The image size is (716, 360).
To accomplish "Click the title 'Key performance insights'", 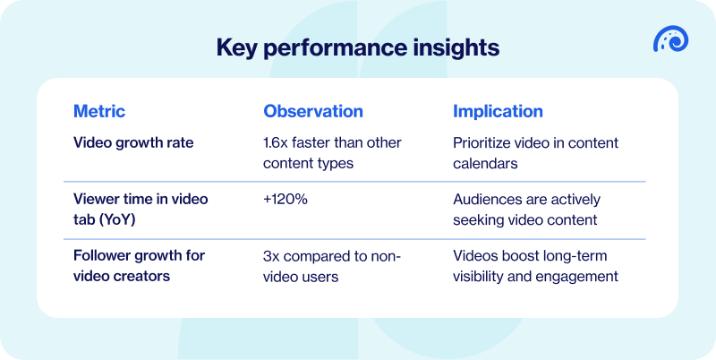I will [358, 47].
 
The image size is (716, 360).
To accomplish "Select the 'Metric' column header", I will [98, 112].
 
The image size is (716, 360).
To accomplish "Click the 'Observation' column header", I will [312, 112].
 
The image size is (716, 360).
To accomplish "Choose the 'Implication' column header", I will [498, 112].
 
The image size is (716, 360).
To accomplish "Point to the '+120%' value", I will [286, 199].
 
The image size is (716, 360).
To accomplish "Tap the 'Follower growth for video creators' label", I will [139, 266].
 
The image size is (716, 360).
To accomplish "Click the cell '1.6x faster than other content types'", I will [332, 153].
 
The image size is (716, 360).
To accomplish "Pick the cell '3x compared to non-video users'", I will [331, 266].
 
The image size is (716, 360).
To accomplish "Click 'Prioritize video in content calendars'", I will [535, 153].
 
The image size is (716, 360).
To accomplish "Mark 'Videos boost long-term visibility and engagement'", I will [535, 266].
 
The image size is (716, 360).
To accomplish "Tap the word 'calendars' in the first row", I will [484, 164].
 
